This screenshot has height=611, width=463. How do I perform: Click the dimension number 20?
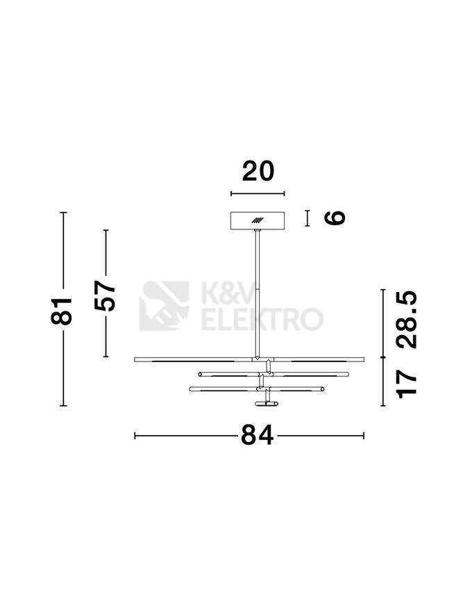(258, 172)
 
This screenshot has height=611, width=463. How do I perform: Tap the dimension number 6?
(335, 218)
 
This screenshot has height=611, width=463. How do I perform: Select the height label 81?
(62, 311)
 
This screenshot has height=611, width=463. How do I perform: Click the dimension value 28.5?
(407, 319)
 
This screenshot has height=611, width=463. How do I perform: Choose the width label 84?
(257, 435)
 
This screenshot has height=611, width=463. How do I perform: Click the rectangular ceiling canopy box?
(258, 220)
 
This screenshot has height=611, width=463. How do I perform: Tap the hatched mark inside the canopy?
(257, 220)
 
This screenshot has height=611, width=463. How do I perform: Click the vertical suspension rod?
(257, 293)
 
